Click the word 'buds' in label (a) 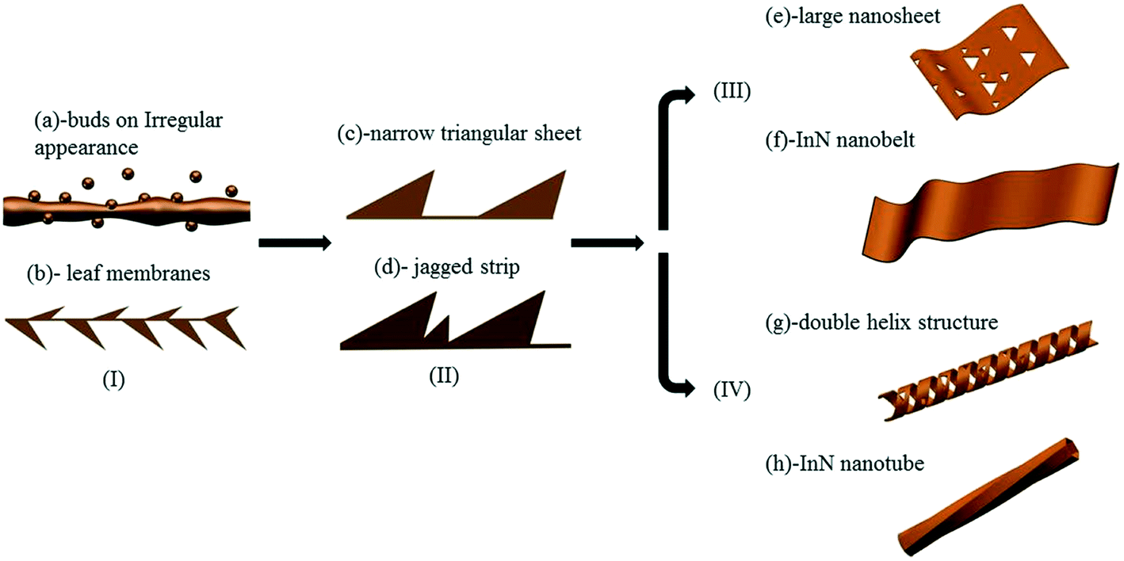click(86, 121)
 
